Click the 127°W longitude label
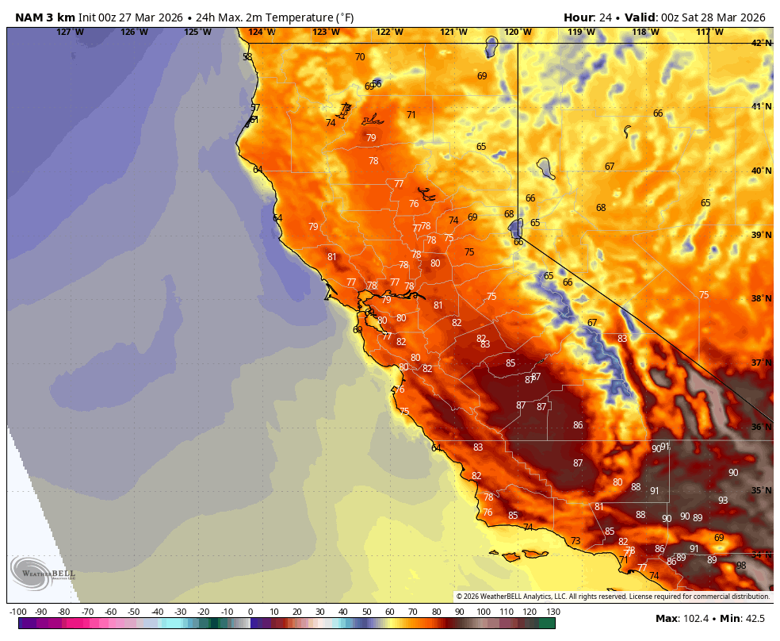pyautogui.click(x=70, y=32)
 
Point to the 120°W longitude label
pyautogui.click(x=518, y=32)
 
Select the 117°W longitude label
pyautogui.click(x=709, y=32)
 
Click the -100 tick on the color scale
pyautogui.click(x=18, y=612)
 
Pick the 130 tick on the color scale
pyautogui.click(x=553, y=612)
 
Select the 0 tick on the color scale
pyautogui.click(x=250, y=612)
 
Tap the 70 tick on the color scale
pyautogui.click(x=413, y=612)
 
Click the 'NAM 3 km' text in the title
pyautogui.click(x=45, y=17)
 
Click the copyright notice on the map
pyautogui.click(x=613, y=597)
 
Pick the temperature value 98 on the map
pyautogui.click(x=741, y=566)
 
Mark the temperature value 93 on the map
pyautogui.click(x=723, y=501)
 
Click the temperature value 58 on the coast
pyautogui.click(x=247, y=57)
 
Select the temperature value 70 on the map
pyautogui.click(x=360, y=57)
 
